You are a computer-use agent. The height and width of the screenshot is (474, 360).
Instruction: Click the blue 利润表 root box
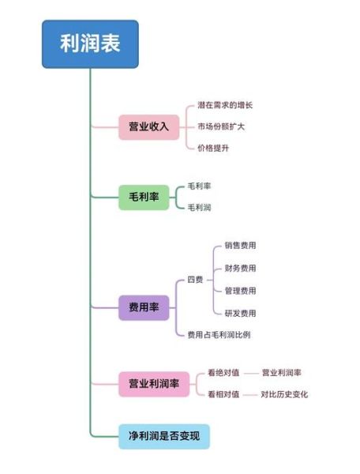(90, 44)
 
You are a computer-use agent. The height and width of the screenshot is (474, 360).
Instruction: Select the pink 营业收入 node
(148, 126)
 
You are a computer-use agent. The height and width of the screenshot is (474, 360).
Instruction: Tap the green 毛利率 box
(144, 197)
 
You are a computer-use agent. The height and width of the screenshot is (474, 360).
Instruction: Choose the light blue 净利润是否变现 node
(164, 435)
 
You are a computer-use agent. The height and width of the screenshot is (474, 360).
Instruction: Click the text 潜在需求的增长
(225, 105)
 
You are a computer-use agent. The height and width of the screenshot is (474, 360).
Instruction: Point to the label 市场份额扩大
(221, 126)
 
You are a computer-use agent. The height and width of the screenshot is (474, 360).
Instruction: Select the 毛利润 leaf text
(199, 208)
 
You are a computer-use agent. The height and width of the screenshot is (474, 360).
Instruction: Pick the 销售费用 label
(240, 246)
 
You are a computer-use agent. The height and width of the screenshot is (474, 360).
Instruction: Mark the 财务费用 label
(240, 269)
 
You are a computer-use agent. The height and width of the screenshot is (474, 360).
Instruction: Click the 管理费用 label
(240, 291)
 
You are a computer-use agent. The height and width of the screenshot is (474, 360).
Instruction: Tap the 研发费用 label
(240, 313)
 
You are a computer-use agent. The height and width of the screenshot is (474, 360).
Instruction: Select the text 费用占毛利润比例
(219, 335)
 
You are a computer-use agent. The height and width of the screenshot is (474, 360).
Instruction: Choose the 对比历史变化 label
(284, 394)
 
